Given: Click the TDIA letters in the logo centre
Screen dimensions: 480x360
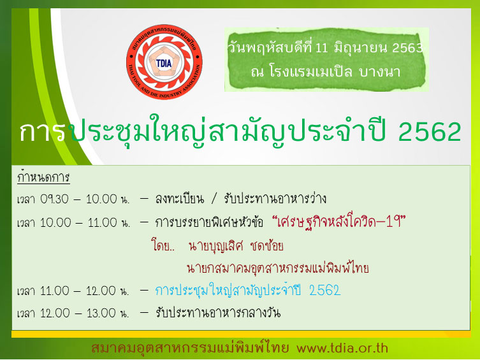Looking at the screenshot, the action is (164, 63).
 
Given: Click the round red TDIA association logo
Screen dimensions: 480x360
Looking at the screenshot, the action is (164, 62).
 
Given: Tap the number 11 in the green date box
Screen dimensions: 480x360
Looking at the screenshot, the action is (321, 48).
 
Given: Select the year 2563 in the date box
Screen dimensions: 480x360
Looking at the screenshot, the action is (407, 48).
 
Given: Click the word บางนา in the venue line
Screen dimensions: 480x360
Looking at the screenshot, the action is (379, 72).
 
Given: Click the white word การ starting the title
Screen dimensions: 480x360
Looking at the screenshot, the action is (42, 132).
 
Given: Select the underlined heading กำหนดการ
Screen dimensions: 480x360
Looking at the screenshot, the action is (43, 177).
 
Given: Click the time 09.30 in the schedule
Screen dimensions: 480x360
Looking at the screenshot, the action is (54, 199).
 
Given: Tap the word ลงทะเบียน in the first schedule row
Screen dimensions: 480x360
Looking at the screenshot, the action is (179, 199).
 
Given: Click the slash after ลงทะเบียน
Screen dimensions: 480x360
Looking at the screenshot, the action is (214, 199).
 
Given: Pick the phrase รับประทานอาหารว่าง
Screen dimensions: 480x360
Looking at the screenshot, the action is (275, 199).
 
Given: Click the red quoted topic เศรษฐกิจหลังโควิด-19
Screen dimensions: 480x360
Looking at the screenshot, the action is (339, 222).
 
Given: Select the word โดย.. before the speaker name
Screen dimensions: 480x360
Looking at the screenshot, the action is (163, 245).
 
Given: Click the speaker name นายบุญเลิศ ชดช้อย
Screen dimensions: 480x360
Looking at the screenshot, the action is (236, 246).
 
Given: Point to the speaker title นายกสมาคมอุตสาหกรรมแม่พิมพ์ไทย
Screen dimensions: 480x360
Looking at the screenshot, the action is (278, 268).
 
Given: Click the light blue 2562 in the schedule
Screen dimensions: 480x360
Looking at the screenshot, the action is (325, 291).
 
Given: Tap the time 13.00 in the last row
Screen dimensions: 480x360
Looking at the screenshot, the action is (101, 313).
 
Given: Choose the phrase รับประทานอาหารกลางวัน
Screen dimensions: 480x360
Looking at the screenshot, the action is (218, 313).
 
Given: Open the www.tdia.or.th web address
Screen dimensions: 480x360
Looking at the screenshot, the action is (342, 348).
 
